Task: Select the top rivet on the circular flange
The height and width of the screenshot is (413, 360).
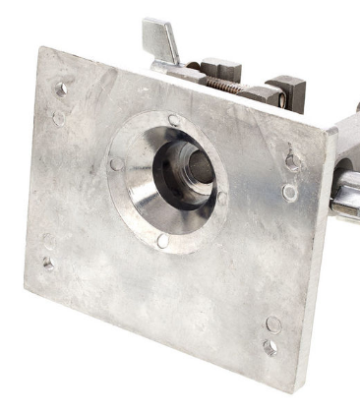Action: (x=174, y=120)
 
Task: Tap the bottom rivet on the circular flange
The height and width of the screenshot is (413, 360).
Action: (x=163, y=240)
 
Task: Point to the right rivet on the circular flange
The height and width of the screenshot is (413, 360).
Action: (x=221, y=198)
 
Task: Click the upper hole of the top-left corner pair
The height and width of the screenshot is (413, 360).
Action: (x=61, y=88)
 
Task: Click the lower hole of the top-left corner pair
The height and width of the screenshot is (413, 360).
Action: (x=59, y=118)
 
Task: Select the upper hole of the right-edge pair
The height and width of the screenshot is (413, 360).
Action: (x=292, y=161)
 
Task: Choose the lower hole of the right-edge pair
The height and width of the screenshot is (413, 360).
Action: (x=289, y=193)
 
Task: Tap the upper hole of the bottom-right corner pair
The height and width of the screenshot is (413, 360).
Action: (x=273, y=324)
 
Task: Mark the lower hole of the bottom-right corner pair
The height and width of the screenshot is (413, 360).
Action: (x=270, y=347)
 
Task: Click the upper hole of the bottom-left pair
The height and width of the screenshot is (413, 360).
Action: (x=49, y=239)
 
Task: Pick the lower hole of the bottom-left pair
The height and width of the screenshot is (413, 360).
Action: (x=47, y=263)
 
